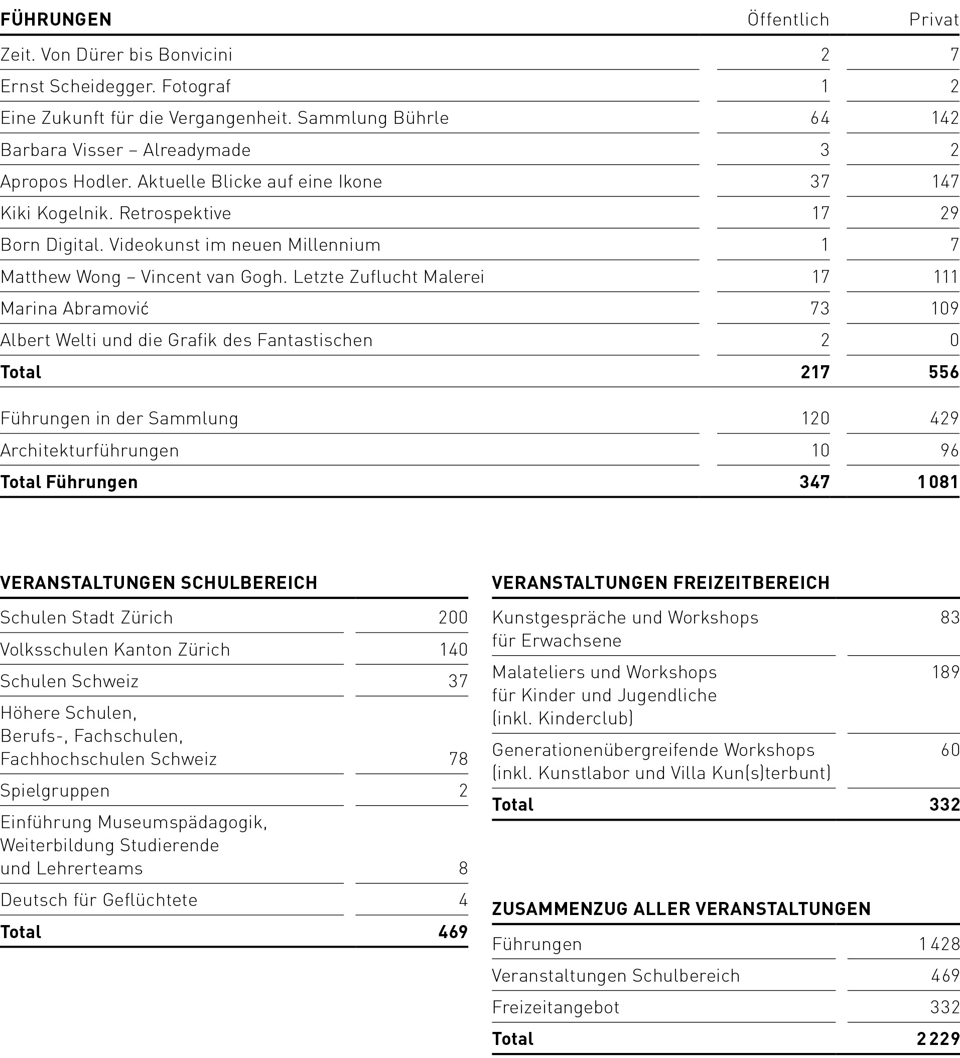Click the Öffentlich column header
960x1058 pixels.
click(x=788, y=20)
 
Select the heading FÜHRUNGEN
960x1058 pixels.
click(x=56, y=20)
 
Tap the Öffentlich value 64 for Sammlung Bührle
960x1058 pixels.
click(x=820, y=118)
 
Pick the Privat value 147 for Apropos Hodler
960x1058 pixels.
click(x=945, y=182)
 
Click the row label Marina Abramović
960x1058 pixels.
click(x=75, y=309)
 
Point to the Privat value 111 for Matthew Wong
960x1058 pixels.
click(x=946, y=276)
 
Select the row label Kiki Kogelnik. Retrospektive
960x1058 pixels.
click(x=115, y=214)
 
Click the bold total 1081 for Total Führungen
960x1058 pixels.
click(x=938, y=482)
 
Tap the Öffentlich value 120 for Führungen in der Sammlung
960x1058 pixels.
click(x=815, y=418)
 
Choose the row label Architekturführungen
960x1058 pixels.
click(x=90, y=450)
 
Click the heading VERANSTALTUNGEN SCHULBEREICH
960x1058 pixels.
click(x=159, y=582)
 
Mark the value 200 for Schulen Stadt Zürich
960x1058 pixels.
click(x=453, y=617)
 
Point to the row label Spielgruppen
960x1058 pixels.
click(x=55, y=790)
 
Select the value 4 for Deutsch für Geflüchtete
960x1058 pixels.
click(x=463, y=900)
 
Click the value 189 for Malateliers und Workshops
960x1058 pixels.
click(x=945, y=672)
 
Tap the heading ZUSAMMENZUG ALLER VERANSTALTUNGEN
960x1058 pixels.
click(x=681, y=909)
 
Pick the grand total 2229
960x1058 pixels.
click(x=938, y=1038)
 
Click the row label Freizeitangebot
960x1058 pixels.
click(x=556, y=1007)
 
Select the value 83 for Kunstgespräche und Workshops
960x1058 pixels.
click(x=949, y=618)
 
